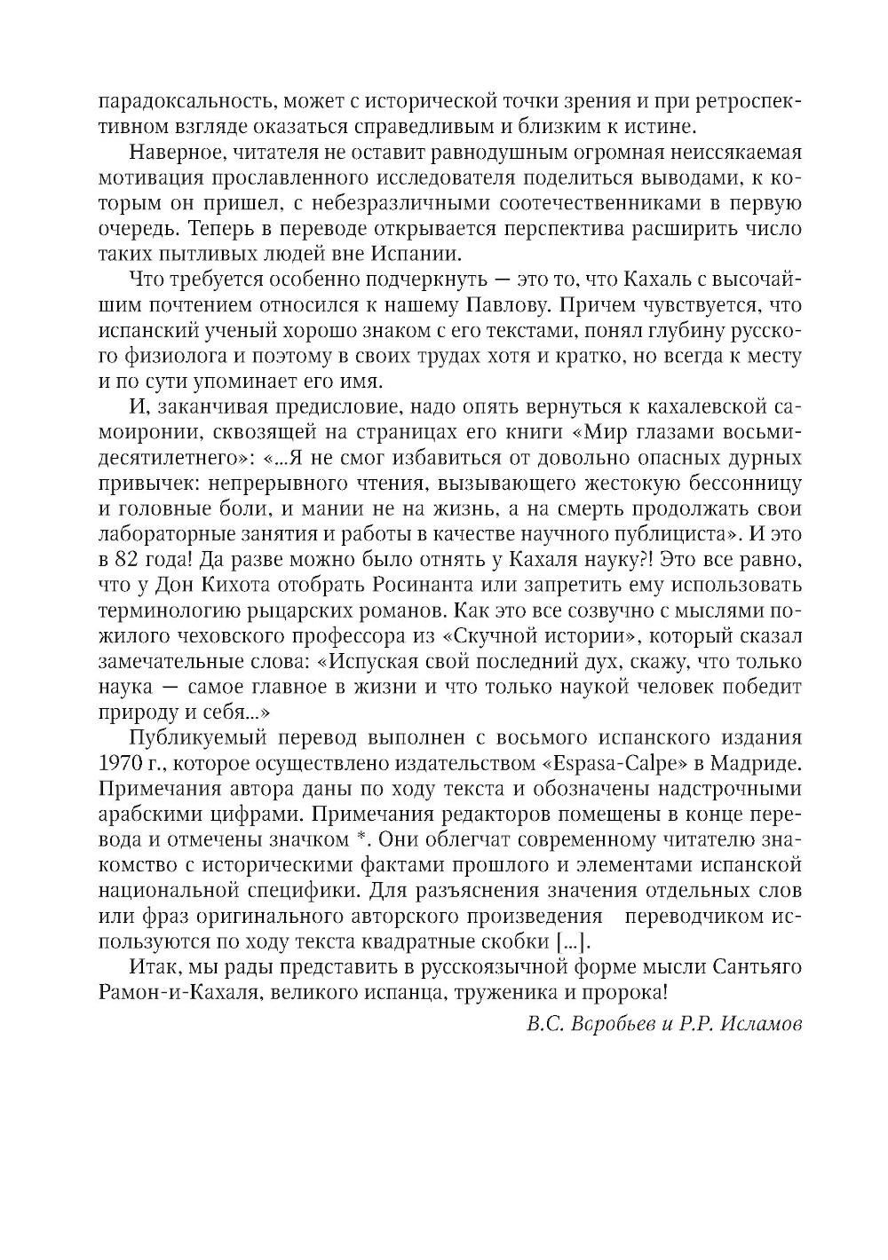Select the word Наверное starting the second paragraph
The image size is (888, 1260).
point(170,152)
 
